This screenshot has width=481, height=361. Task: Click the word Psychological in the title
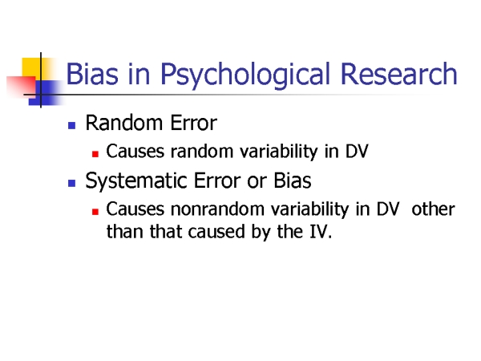pyautogui.click(x=245, y=75)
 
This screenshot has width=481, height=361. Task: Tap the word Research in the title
pyautogui.click(x=398, y=74)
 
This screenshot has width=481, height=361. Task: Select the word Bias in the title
pyautogui.click(x=92, y=74)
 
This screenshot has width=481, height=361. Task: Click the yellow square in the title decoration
pyautogui.click(x=31, y=67)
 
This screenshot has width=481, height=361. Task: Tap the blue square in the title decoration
pyautogui.click(x=46, y=93)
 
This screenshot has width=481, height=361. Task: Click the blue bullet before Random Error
pyautogui.click(x=72, y=125)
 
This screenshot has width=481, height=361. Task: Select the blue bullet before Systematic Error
pyautogui.click(x=72, y=183)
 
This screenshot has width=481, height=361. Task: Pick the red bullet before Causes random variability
pyautogui.click(x=95, y=153)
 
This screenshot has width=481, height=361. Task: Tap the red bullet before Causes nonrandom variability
pyautogui.click(x=95, y=212)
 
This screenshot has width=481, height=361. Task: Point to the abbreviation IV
pyautogui.click(x=318, y=232)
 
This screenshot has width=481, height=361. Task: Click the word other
pyautogui.click(x=433, y=209)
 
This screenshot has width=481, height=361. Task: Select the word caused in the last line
pyautogui.click(x=216, y=232)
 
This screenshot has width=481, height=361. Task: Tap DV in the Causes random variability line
pyautogui.click(x=357, y=152)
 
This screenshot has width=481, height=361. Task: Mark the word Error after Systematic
pyautogui.click(x=217, y=180)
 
